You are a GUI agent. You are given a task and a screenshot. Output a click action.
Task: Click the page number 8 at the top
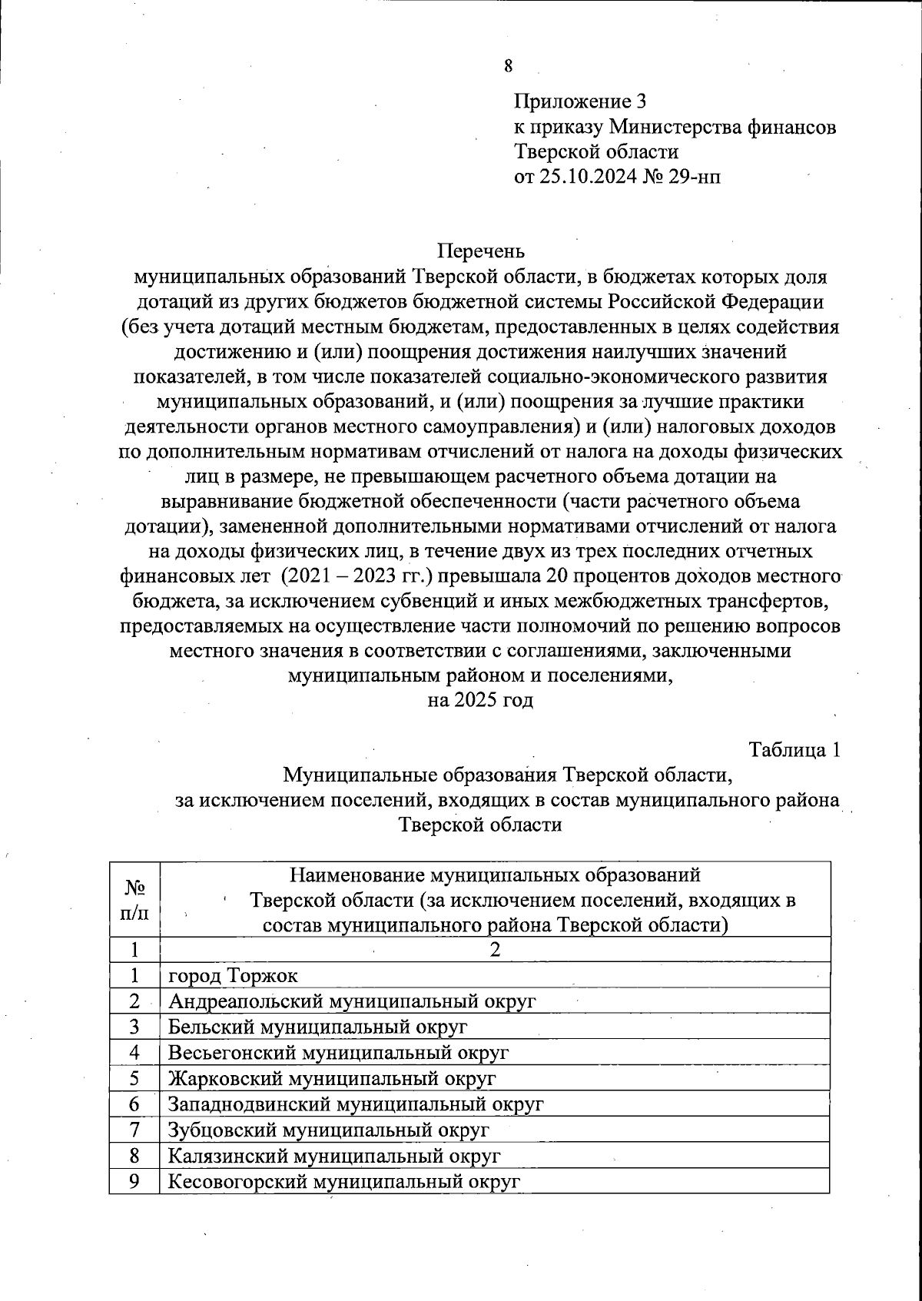click(508, 66)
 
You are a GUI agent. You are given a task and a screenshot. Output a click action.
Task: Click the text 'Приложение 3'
click(580, 101)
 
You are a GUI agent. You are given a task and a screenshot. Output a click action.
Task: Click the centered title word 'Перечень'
click(481, 251)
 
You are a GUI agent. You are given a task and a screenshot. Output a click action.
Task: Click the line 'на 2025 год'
click(480, 700)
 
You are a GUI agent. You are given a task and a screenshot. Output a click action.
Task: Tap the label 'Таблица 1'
click(794, 750)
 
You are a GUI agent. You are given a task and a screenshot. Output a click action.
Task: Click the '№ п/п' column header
click(134, 899)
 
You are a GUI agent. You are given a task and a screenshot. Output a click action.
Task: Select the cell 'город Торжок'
click(233, 976)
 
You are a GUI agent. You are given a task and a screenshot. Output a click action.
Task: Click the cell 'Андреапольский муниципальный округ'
click(352, 1001)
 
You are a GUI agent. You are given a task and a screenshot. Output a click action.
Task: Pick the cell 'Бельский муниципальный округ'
click(318, 1027)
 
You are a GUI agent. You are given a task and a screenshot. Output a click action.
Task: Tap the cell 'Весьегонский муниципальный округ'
click(339, 1053)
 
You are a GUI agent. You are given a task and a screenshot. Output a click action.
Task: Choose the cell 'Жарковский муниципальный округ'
click(332, 1078)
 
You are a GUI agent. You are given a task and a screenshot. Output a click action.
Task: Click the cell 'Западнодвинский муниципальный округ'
click(356, 1104)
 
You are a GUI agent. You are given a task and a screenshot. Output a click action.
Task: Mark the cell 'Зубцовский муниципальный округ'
click(328, 1130)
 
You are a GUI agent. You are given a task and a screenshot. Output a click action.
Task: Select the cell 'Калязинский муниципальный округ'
click(334, 1155)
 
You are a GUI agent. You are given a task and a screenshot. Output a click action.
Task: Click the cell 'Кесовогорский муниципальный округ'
click(344, 1181)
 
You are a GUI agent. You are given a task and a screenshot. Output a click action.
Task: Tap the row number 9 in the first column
click(134, 1181)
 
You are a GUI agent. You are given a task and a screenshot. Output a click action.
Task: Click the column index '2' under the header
click(496, 950)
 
